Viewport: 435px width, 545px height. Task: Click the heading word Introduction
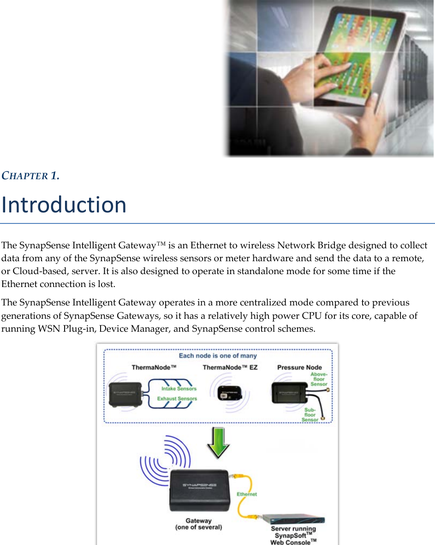(64, 205)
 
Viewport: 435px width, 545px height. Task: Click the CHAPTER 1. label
(30, 176)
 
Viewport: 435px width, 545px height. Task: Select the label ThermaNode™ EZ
(230, 367)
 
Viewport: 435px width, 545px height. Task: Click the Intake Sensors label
(179, 388)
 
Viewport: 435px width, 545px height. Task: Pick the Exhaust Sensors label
(177, 398)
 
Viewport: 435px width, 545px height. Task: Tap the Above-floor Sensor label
(318, 379)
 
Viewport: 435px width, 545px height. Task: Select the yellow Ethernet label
(247, 494)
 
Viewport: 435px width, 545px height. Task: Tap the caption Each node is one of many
(218, 356)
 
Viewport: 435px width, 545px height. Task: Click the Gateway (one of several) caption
(199, 524)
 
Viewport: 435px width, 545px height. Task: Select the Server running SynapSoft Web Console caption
(293, 536)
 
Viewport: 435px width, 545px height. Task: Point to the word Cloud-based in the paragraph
(34, 271)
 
